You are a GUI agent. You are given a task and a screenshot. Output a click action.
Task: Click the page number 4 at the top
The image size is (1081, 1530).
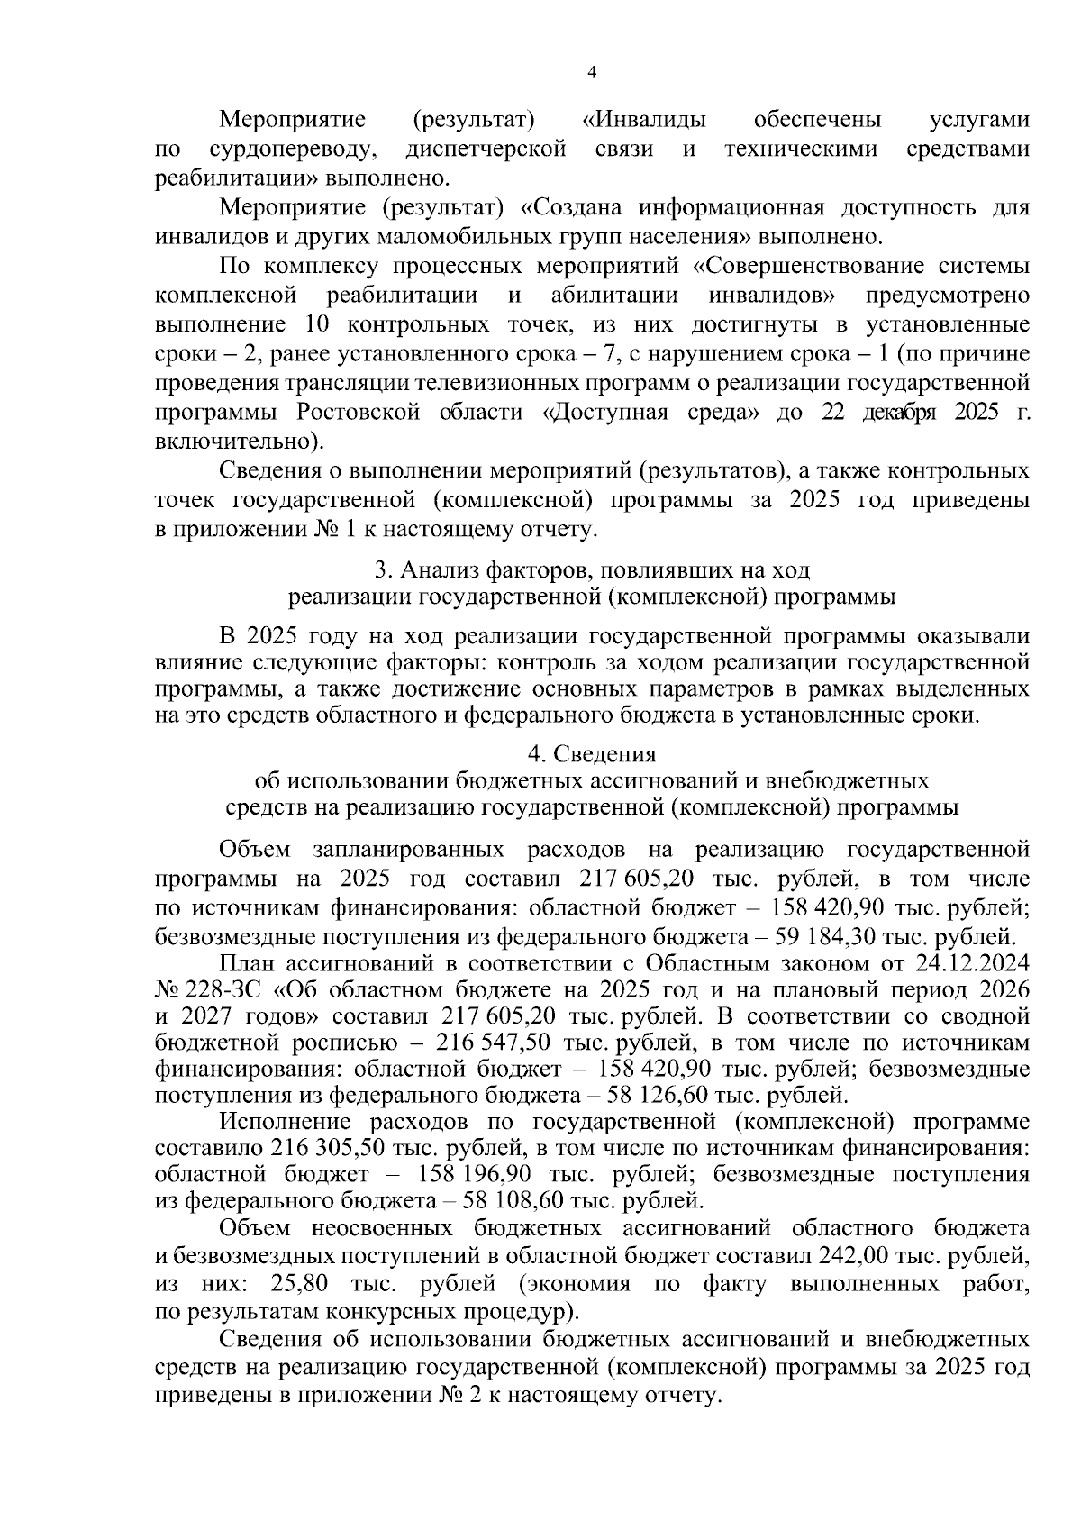pyautogui.click(x=592, y=74)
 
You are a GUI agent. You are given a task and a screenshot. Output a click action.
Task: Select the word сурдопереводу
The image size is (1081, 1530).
pyautogui.click(x=291, y=149)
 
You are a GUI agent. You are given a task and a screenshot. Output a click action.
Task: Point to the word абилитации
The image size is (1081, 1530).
pyautogui.click(x=613, y=296)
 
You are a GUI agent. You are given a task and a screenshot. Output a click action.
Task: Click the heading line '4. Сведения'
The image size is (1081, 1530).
pyautogui.click(x=592, y=753)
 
